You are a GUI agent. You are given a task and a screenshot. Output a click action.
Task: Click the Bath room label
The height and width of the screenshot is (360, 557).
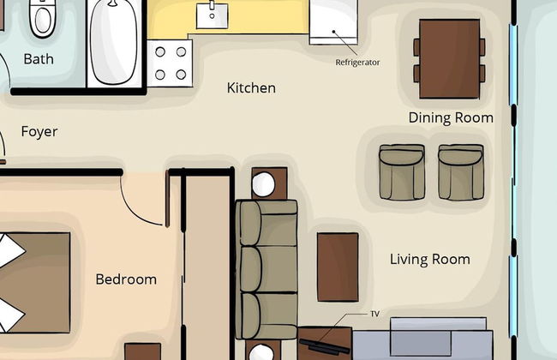pos(39,59)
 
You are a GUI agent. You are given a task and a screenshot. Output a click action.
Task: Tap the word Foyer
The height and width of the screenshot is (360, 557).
pos(39,132)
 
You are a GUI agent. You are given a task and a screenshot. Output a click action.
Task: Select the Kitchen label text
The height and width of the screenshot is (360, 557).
pos(251,87)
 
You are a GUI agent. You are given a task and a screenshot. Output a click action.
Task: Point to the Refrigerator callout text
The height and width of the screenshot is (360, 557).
pos(357,63)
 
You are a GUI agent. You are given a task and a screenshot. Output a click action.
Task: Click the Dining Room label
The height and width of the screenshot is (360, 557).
pos(451,117)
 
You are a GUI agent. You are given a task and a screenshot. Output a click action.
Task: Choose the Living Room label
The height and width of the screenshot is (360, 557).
pos(430,260)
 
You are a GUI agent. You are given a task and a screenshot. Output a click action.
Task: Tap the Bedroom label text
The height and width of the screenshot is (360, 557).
pos(126,279)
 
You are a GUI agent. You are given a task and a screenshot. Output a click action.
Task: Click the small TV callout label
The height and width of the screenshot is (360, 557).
pos(374,314)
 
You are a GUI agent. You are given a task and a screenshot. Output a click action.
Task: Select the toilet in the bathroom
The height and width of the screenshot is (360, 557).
pos(42,18)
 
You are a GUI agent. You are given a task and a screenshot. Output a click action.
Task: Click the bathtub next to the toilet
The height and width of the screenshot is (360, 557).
pos(114,41)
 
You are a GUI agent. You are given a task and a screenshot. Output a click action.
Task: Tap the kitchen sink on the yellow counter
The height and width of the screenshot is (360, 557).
pos(212,15)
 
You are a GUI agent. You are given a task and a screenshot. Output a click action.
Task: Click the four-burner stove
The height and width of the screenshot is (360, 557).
pos(171,63)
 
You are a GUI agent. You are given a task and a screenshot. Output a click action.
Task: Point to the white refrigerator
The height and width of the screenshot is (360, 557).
pos(333,22)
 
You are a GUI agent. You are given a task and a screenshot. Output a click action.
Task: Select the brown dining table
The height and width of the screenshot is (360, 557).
pos(449,58)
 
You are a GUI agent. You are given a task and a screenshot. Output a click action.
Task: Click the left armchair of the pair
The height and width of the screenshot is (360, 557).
pos(402,172)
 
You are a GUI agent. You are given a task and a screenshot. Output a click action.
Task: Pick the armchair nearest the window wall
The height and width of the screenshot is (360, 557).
pos(461,172)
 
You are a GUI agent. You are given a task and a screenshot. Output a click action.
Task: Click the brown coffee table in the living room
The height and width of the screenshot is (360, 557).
pos(338,267)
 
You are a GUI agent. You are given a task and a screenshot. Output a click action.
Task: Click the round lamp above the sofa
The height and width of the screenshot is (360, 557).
pos(263,184)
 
